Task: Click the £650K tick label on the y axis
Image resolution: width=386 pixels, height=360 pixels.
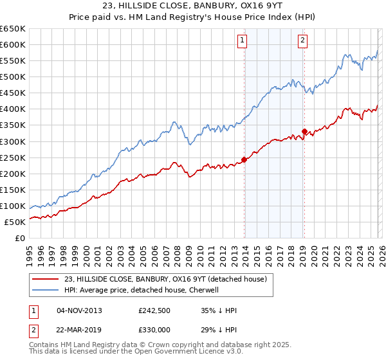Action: coord(13,29)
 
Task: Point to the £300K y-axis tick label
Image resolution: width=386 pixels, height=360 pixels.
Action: coord(13,141)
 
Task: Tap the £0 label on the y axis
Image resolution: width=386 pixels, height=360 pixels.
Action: coord(21,238)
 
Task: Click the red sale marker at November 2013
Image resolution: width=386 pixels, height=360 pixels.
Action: coord(244,159)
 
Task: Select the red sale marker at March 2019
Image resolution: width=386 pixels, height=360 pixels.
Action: coord(304,131)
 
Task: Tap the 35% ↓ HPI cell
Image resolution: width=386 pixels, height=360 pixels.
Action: coord(219,311)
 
